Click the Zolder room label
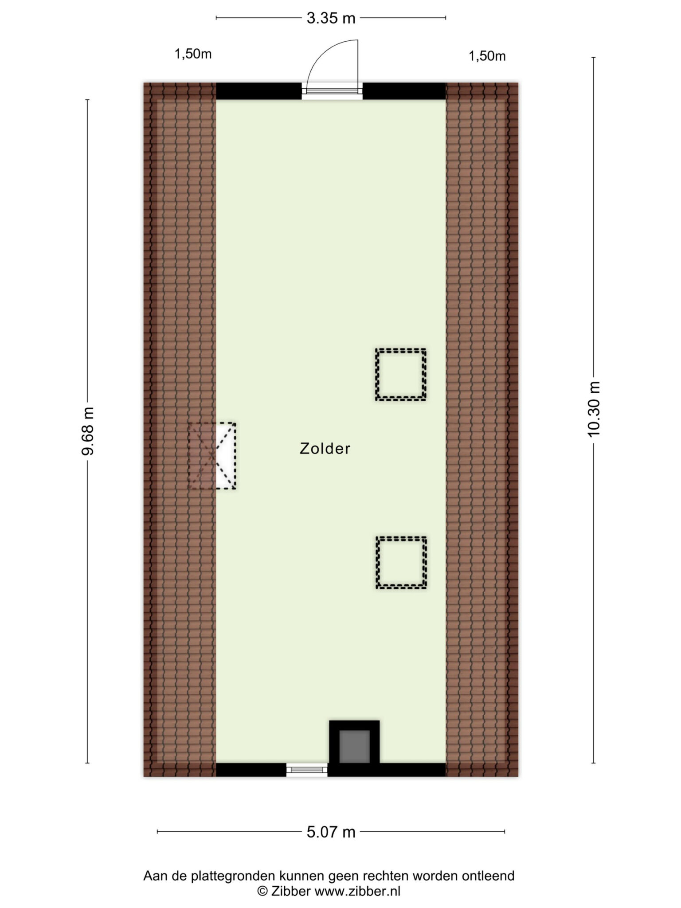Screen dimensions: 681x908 point(325,449)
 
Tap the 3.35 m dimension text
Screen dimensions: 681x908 point(331,18)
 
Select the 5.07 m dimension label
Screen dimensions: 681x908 point(331,832)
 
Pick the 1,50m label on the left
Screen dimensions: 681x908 point(193,55)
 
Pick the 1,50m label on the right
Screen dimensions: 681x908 point(487,56)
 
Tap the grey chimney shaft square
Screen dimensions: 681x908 point(354,746)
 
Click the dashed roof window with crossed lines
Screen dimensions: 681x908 point(212,456)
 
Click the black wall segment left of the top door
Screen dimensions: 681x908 point(259,91)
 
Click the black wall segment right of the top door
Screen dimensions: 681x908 point(404,91)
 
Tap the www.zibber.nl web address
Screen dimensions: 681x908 point(357,891)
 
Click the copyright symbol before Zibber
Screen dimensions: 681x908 point(263,891)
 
